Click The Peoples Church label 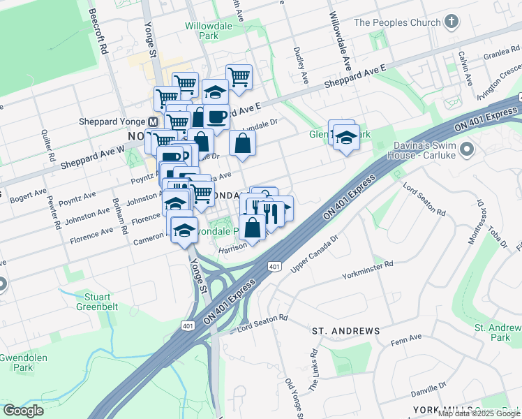[397, 22]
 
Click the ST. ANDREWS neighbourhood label [346, 330]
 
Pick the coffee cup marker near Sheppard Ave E [217, 116]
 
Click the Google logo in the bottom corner [23, 410]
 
